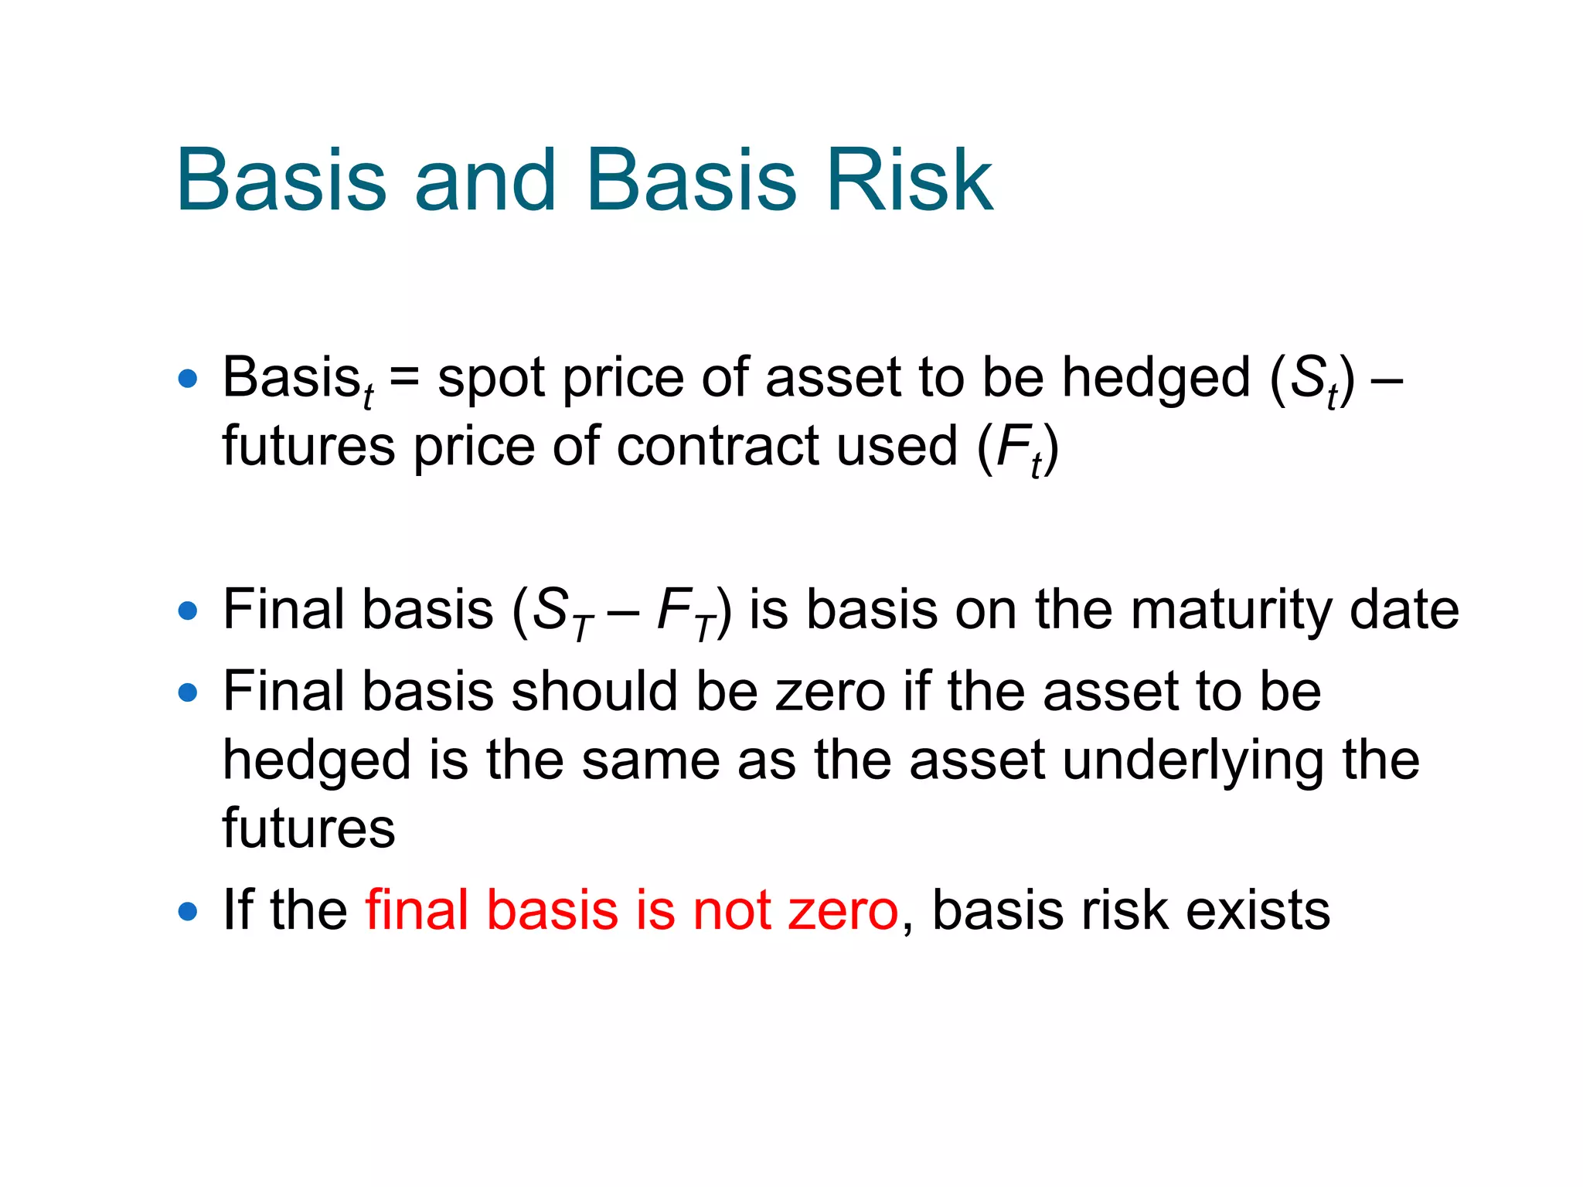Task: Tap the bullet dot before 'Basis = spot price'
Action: click(187, 379)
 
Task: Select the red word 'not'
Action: click(733, 910)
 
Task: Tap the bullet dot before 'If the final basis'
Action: click(187, 911)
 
